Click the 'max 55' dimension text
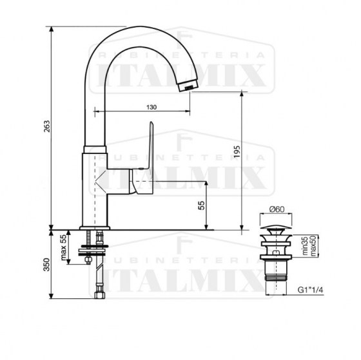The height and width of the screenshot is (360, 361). coord(63,247)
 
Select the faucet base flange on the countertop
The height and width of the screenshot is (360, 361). coord(97,226)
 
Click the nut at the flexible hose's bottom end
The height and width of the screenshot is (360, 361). coord(99,296)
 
